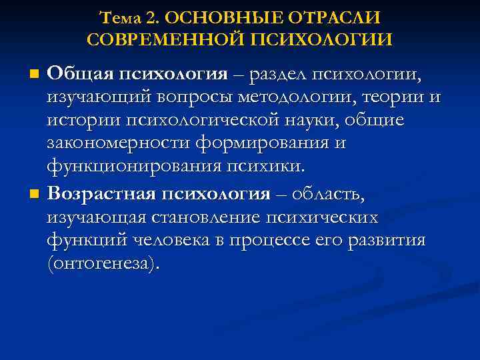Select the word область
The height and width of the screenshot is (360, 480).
[x=337, y=195]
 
